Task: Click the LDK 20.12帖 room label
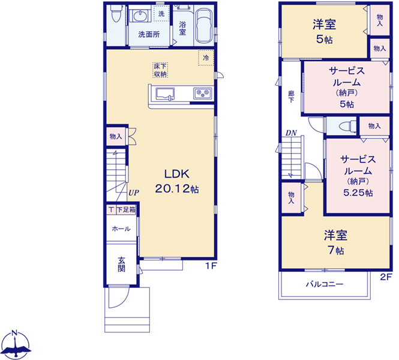(177, 181)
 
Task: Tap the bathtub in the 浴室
(205, 26)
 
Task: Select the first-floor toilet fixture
(115, 14)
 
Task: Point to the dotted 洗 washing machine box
(161, 14)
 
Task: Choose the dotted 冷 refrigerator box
(206, 58)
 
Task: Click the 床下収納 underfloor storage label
(160, 70)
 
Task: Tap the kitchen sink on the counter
(165, 94)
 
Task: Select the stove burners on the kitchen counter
(203, 94)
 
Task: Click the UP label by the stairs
(134, 193)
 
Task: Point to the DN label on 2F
(291, 133)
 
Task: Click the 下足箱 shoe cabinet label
(126, 210)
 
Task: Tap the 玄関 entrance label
(121, 265)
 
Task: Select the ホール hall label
(121, 229)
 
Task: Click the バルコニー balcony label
(325, 284)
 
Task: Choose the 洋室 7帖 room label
(335, 242)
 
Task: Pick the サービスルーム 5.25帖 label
(358, 176)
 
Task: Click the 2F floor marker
(386, 277)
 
